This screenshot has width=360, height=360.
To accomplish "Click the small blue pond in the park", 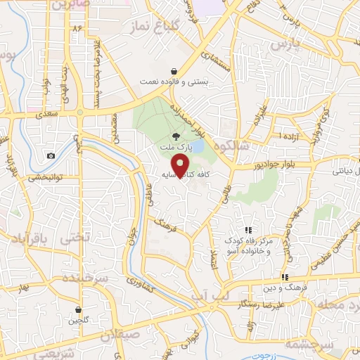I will (x=197, y=146).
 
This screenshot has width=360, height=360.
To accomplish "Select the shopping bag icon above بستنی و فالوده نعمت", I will (x=174, y=71).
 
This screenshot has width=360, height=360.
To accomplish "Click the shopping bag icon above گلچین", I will (x=79, y=309).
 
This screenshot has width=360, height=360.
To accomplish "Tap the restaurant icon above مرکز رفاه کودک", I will (x=247, y=230).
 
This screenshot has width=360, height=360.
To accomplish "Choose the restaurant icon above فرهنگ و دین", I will (x=285, y=277).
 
